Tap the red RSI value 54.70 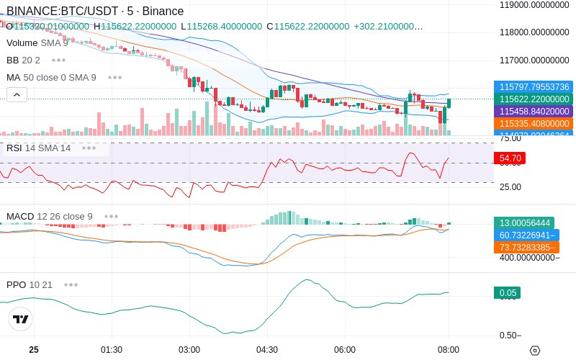[x=510, y=158]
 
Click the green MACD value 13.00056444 [x=524, y=223]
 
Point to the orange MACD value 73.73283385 [x=526, y=247]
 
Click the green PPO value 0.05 [x=507, y=293]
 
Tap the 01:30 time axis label [x=111, y=349]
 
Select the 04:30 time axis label [x=267, y=349]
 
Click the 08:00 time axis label [x=449, y=349]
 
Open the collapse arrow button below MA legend [x=17, y=94]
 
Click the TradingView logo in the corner [x=21, y=319]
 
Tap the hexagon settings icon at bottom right [x=534, y=350]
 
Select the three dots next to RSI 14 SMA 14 [x=89, y=148]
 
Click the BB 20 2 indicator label [x=23, y=60]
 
